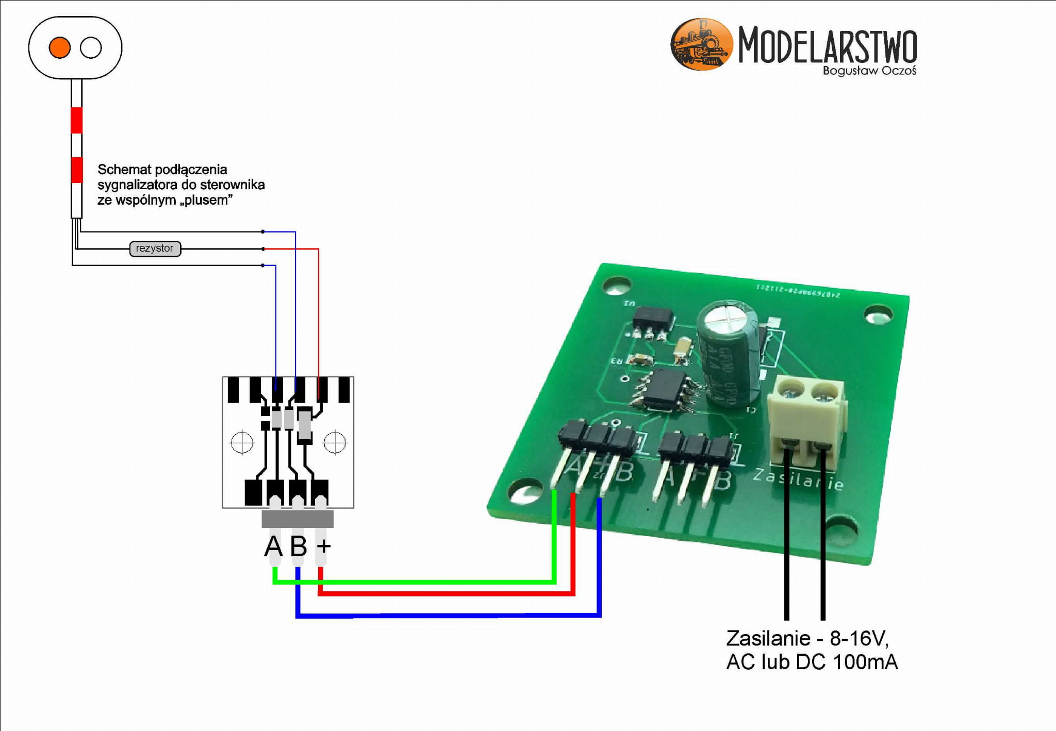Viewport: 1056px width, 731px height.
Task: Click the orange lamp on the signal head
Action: point(59,47)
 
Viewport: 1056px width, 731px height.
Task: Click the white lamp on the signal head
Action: point(91,47)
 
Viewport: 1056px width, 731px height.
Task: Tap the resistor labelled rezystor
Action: point(155,248)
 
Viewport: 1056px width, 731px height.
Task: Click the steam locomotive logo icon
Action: point(701,44)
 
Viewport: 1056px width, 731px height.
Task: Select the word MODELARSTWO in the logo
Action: point(827,45)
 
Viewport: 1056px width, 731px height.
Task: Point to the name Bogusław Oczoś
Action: point(869,71)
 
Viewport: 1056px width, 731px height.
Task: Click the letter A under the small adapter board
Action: point(273,546)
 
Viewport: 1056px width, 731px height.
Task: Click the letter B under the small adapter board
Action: point(299,546)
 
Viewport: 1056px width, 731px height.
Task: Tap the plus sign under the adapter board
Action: point(323,545)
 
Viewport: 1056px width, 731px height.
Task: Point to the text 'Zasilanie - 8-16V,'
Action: point(807,639)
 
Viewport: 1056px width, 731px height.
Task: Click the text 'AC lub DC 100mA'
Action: point(812,662)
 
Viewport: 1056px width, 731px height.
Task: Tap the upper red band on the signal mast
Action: point(76,120)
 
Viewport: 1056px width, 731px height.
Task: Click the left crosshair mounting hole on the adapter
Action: point(242,442)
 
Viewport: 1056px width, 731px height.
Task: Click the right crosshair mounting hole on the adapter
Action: point(335,442)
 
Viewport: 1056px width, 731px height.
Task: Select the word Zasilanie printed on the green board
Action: point(798,479)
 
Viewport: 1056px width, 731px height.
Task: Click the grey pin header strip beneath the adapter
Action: point(298,519)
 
